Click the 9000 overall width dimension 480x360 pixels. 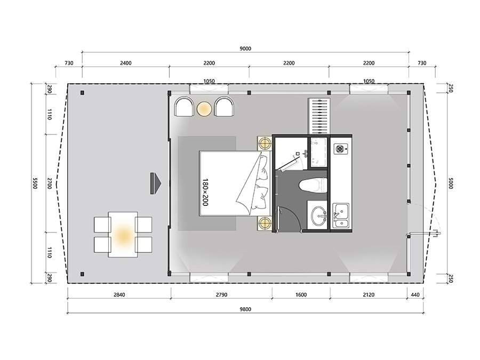click(245, 49)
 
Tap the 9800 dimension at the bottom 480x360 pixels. click(245, 309)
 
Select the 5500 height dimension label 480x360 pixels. click(35, 183)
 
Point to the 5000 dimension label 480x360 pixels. click(450, 183)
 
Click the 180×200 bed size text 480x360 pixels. click(205, 192)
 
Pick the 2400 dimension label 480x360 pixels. click(125, 63)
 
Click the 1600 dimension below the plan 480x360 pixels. click(301, 295)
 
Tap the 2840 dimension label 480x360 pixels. click(119, 295)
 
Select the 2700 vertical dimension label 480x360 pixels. click(50, 183)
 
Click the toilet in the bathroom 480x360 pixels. click(313, 185)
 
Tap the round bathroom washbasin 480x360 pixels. click(319, 215)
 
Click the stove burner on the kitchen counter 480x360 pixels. click(340, 148)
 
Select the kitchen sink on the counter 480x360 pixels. click(341, 215)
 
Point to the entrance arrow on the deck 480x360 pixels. click(156, 183)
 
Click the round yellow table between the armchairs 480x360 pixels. click(204, 109)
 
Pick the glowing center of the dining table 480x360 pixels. click(123, 235)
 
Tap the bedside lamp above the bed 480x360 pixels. click(264, 143)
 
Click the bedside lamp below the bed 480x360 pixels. click(264, 223)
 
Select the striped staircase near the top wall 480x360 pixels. click(319, 116)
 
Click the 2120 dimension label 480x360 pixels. click(369, 295)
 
